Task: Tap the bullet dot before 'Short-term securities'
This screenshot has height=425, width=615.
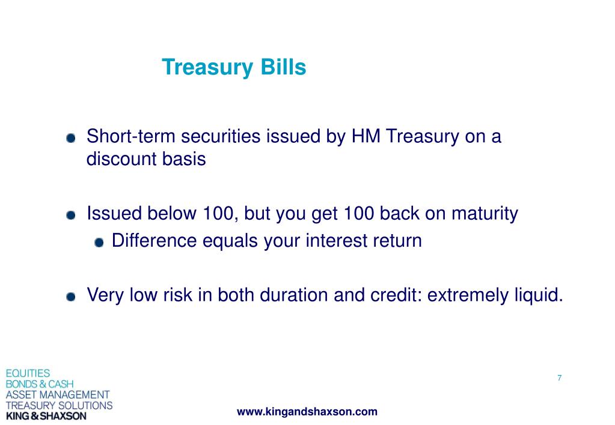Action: tap(71, 138)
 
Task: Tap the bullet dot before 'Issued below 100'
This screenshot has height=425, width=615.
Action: tap(71, 216)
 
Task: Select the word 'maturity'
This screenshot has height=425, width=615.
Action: tap(485, 214)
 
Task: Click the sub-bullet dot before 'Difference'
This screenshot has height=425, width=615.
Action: tap(99, 243)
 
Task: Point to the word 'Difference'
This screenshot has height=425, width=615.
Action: tap(154, 240)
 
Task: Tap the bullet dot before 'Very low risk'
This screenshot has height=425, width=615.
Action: tap(71, 297)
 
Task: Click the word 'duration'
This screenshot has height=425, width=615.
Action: tap(294, 295)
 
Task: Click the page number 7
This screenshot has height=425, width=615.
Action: tap(560, 378)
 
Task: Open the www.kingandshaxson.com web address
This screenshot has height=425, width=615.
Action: tap(307, 412)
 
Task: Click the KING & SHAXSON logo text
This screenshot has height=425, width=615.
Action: tap(46, 416)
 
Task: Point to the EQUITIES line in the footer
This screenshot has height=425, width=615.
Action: tap(28, 373)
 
